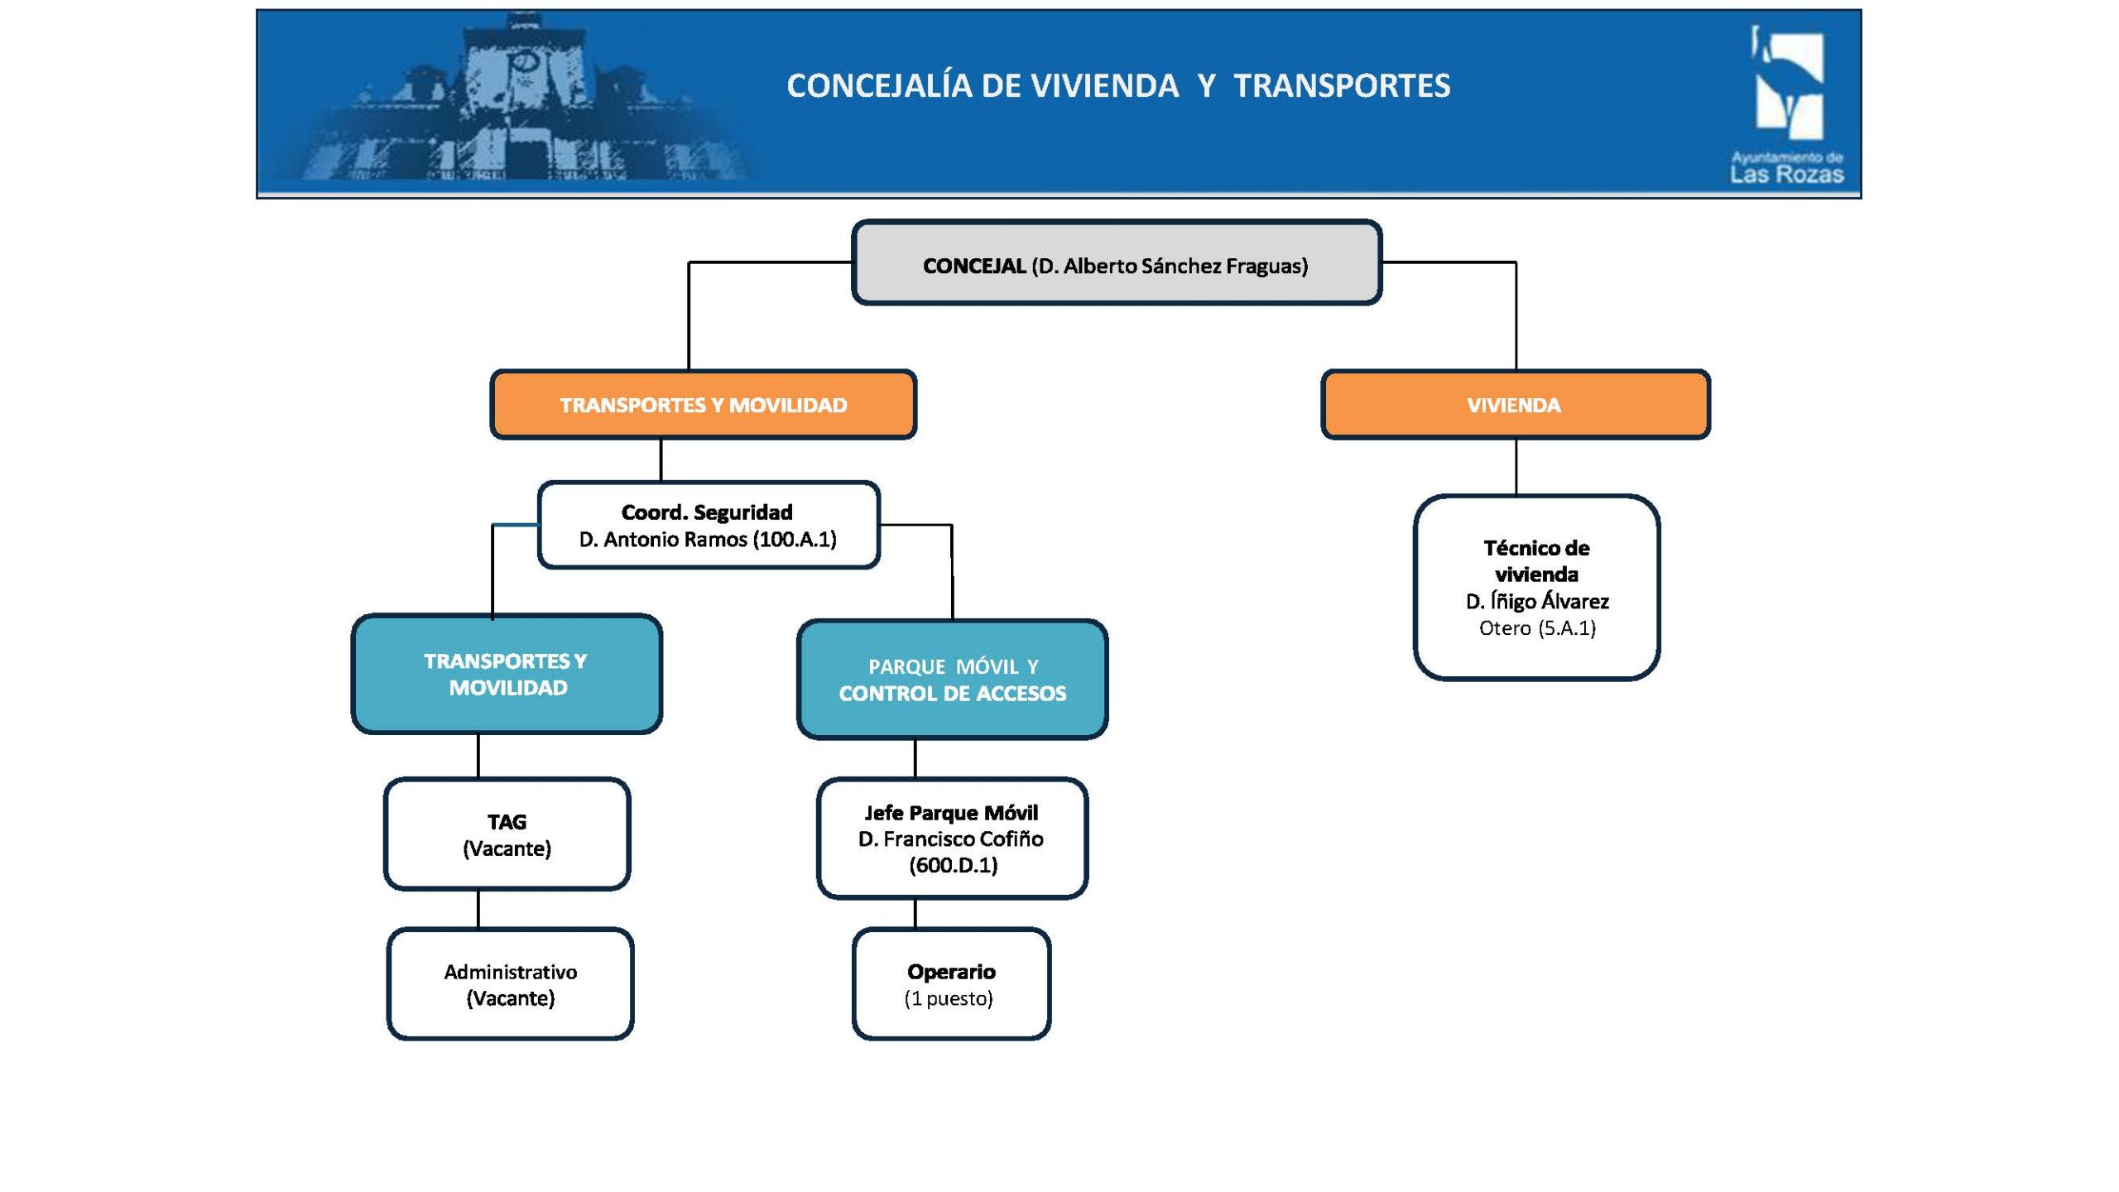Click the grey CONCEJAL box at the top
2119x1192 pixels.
pos(1116,262)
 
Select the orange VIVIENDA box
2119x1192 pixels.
pos(1515,405)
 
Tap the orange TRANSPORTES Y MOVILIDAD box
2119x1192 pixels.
pos(704,405)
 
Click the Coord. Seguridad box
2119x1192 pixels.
pos(708,525)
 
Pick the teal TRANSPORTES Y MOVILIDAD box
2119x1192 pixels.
pos(507,674)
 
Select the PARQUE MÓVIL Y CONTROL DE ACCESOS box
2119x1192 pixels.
pos(952,680)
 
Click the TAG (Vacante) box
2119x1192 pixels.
pos(507,834)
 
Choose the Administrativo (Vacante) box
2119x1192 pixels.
pos(510,984)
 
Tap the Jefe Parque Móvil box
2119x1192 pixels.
pos(952,839)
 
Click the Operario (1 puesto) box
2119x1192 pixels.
pos(951,984)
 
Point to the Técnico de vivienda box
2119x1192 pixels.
pos(1536,588)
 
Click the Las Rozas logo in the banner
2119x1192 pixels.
pos(1788,103)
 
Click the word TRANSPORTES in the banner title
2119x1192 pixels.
pos(1342,86)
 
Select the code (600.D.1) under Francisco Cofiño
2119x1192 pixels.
pos(953,866)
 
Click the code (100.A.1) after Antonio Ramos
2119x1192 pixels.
pos(795,540)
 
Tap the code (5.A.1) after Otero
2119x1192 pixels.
pos(1567,628)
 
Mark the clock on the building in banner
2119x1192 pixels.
pos(524,62)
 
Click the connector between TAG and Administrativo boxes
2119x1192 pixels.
pos(478,909)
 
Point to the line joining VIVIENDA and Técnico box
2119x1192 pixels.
pos(1516,467)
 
